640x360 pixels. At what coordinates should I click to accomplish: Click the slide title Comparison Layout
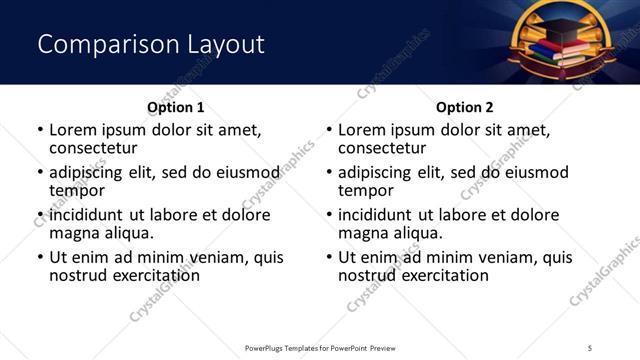[x=151, y=44]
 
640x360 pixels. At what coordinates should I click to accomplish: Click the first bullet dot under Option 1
[x=39, y=131]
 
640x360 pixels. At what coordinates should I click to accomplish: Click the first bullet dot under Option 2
[x=328, y=131]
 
